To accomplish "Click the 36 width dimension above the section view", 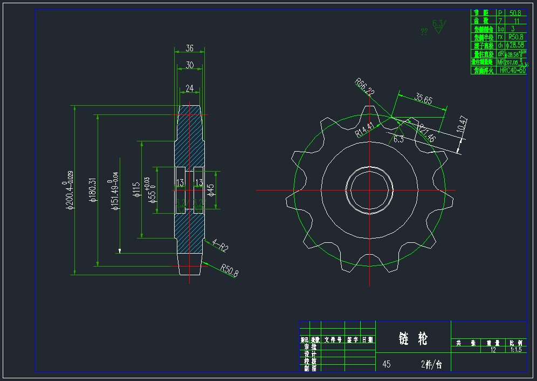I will coord(189,48).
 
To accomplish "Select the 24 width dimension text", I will coord(189,88).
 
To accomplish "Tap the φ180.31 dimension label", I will coord(92,190).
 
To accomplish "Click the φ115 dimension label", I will coord(136,189).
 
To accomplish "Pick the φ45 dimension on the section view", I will coord(211,189).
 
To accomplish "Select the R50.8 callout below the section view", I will coord(229,270).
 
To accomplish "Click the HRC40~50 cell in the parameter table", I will coord(512,70).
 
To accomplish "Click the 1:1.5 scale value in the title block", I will coord(516,350).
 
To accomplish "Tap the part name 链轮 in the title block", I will coord(413,338).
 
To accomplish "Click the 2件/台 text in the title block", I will coord(431,364).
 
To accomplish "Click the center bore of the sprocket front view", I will coord(370,190).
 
